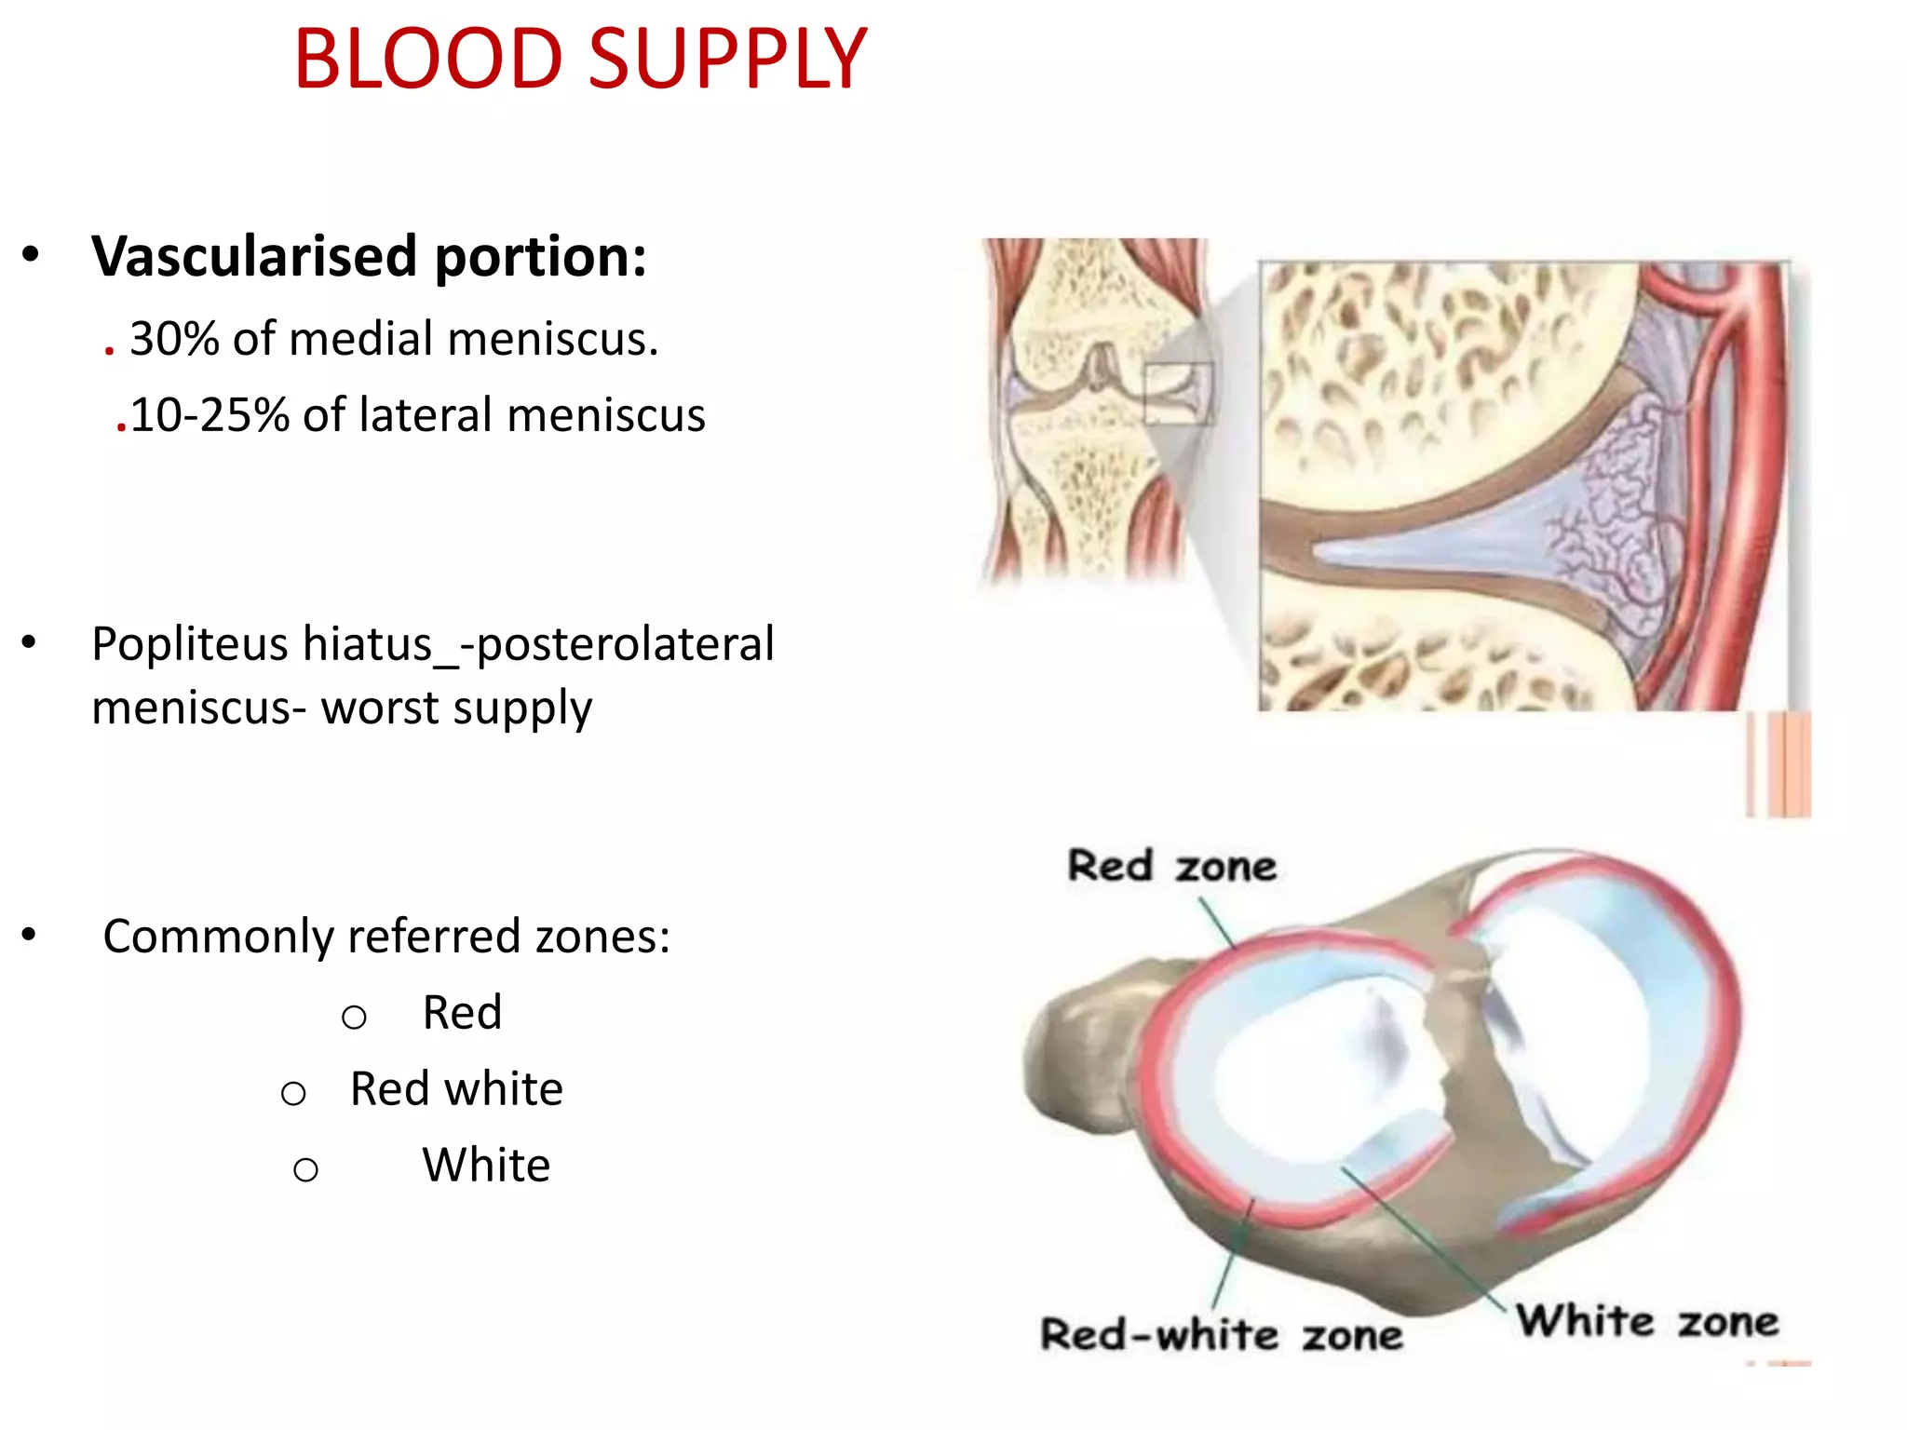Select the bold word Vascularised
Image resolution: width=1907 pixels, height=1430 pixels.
(x=253, y=257)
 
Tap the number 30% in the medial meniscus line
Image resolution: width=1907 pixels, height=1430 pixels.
(x=173, y=339)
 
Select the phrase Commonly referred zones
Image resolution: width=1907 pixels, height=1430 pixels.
(x=385, y=937)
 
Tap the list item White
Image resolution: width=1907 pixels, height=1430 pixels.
(x=486, y=1166)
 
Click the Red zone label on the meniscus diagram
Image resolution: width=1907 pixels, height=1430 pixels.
(x=1171, y=866)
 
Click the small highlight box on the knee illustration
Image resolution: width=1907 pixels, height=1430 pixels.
(x=1179, y=394)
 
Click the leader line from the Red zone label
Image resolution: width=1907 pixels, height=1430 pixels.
(x=1217, y=922)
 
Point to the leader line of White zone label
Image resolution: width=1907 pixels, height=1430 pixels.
(x=1425, y=1238)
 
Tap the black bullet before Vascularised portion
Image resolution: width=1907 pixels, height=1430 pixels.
(x=31, y=254)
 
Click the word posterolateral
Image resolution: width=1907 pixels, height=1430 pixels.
(x=625, y=644)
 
